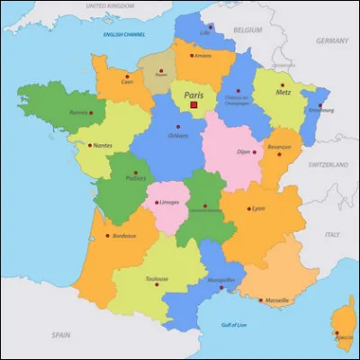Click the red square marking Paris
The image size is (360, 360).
coord(193,104)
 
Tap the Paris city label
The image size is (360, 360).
coord(193,94)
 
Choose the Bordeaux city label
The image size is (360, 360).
coord(124,236)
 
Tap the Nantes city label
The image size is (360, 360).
coord(102,145)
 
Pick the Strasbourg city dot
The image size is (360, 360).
coord(319,105)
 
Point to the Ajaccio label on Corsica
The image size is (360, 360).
coord(344,337)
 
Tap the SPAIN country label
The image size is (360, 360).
coord(61,334)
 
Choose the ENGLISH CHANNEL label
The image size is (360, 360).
coord(124,35)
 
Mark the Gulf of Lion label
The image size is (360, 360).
coord(234,324)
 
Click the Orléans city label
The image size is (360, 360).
coord(179,137)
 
